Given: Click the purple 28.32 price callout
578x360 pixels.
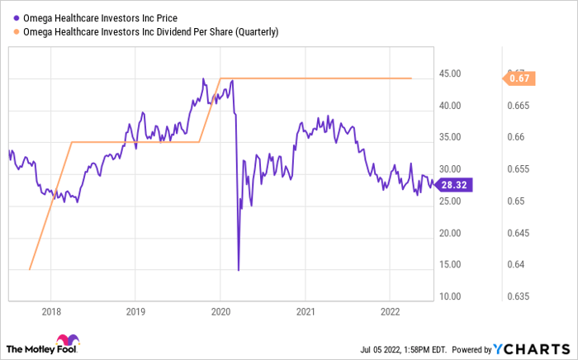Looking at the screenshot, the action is click(x=453, y=185).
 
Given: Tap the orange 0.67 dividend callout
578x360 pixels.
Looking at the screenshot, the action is click(x=519, y=78).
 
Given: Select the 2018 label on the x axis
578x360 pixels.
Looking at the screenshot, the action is click(x=51, y=312).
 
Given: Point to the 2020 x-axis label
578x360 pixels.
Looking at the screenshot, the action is click(x=220, y=312).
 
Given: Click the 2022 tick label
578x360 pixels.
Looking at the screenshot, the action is click(x=390, y=312).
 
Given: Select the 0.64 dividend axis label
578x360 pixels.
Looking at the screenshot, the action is click(x=516, y=264).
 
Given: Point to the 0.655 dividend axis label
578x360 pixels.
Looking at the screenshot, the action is click(x=519, y=169).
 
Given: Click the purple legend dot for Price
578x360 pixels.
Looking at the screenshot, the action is click(x=17, y=18).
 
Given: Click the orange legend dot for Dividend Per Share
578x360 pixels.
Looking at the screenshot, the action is click(x=17, y=32).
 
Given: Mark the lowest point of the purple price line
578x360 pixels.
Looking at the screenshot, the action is click(x=239, y=270).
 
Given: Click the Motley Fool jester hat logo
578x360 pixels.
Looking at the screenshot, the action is click(x=68, y=339).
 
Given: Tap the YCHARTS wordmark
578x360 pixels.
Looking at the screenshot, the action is click(x=531, y=348).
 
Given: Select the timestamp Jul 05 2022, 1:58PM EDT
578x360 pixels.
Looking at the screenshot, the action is click(x=403, y=349).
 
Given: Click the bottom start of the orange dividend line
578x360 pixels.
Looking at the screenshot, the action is click(x=30, y=270).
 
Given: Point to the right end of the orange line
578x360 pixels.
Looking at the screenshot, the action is click(x=411, y=78).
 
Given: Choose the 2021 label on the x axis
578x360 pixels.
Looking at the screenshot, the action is click(x=306, y=312).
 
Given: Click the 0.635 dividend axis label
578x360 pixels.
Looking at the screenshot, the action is click(x=519, y=296).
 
